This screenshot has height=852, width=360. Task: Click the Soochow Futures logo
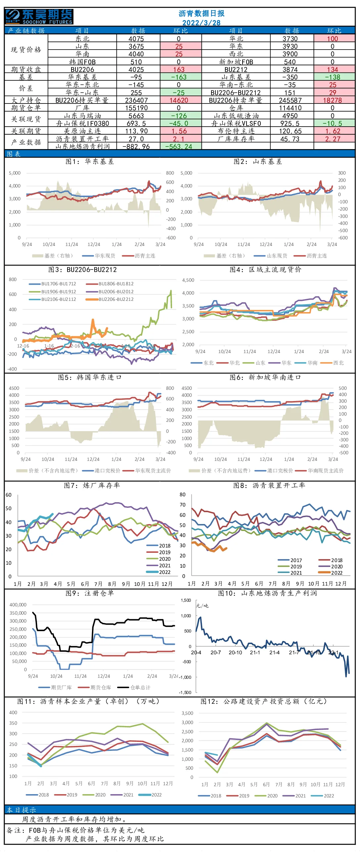39,17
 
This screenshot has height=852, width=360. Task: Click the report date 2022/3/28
201,23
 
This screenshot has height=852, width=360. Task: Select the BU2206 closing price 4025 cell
136,69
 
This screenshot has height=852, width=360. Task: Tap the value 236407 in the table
136,100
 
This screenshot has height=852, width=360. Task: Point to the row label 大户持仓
26,100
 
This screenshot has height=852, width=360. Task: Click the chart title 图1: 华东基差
90,161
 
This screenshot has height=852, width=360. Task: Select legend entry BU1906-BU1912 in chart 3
53,292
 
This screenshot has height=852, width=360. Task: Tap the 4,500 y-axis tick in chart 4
188,280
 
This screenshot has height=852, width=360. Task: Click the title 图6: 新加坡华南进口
265,377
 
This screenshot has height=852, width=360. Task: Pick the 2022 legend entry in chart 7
158,572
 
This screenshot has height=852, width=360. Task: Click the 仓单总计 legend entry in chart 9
134,687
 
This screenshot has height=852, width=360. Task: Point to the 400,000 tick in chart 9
18,605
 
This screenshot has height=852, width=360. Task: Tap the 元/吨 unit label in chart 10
202,606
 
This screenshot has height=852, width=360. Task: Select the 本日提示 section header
22,810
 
